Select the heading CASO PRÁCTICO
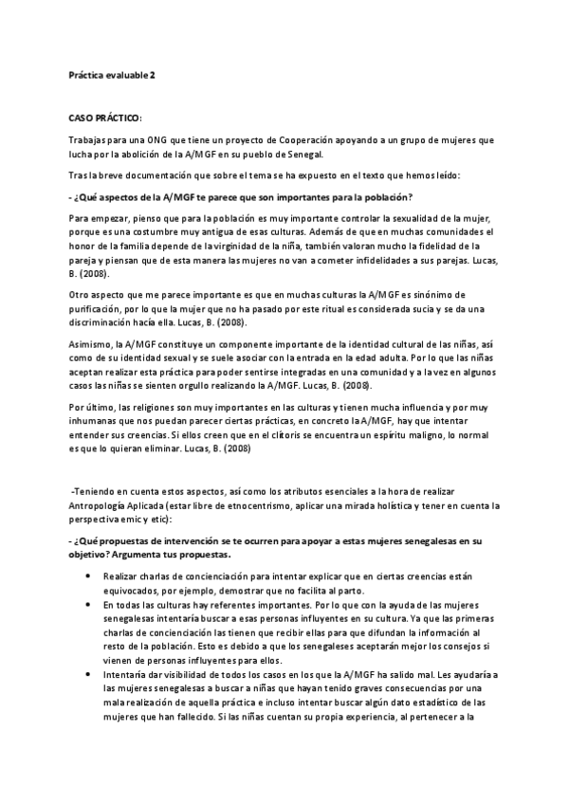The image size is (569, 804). click(104, 119)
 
